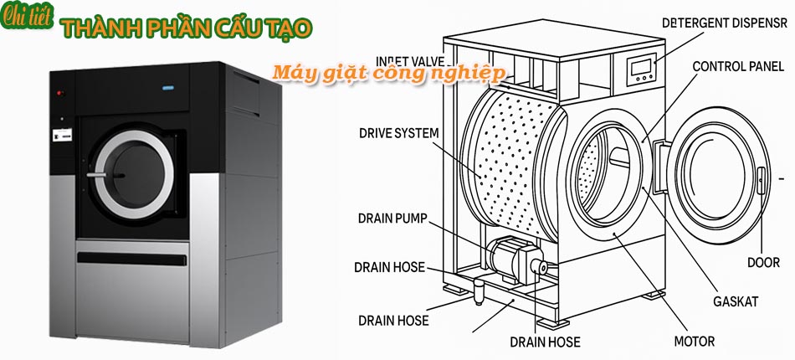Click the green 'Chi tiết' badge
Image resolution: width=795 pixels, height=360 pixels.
(x=26, y=18)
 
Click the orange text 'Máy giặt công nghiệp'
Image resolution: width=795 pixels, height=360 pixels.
(x=390, y=75)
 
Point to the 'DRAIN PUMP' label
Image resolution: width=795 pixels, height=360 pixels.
(x=392, y=219)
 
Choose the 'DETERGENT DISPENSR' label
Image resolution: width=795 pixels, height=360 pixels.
(x=725, y=23)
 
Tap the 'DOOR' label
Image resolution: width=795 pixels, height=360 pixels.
(x=763, y=263)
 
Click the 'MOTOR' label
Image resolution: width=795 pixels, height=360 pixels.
(x=694, y=341)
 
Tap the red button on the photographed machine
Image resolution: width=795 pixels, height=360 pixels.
(x=59, y=92)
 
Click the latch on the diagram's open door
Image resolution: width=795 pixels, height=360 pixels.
(x=761, y=179)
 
